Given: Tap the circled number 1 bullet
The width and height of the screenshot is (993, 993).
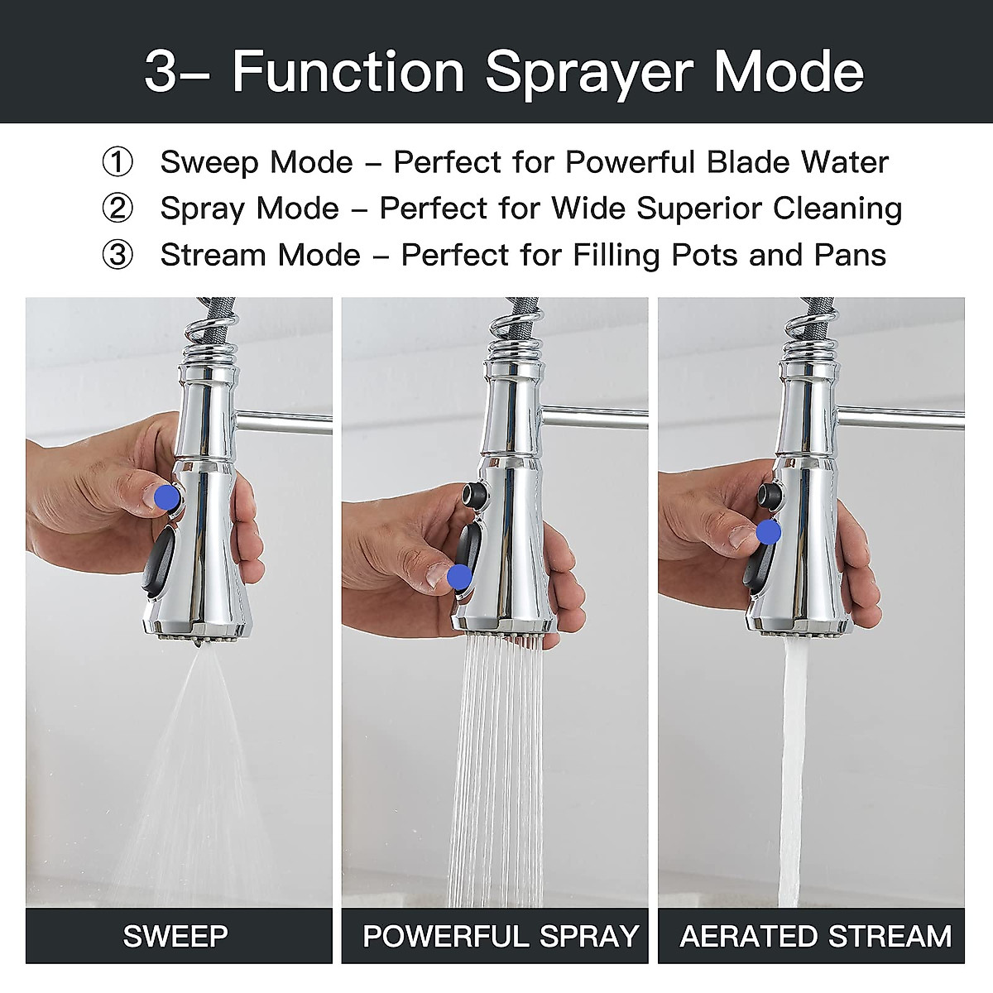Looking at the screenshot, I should click(117, 162).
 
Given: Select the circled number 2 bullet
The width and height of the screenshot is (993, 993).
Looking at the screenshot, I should click(117, 209).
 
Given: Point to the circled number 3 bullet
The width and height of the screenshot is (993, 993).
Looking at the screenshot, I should click(117, 255).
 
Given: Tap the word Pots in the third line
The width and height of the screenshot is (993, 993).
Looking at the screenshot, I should click(705, 255).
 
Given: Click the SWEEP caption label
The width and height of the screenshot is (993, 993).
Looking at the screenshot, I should click(175, 936).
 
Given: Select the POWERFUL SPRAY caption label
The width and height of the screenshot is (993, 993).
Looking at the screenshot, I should click(500, 936).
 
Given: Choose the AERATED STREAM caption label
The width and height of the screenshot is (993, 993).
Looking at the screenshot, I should click(815, 936).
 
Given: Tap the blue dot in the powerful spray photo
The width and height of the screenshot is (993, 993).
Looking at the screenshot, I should click(459, 576).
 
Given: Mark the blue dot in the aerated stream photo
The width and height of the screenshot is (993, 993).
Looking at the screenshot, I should click(767, 532).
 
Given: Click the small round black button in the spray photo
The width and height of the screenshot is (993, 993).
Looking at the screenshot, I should click(476, 496).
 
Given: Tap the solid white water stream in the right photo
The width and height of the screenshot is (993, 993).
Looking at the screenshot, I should click(793, 770).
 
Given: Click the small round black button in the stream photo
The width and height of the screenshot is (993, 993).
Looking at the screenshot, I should click(770, 496).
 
